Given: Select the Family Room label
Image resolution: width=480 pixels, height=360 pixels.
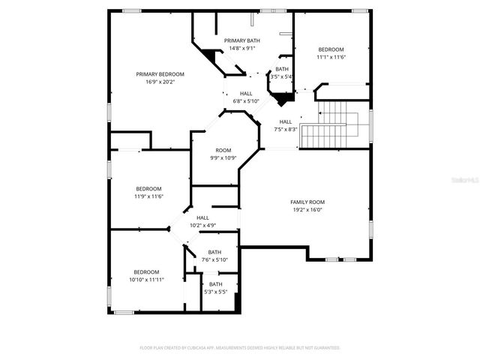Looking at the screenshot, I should pos(307,202).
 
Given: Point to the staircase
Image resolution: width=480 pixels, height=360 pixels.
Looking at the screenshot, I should pos(334,124).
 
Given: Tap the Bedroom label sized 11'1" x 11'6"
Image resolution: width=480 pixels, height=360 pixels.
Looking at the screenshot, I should pos(330,49).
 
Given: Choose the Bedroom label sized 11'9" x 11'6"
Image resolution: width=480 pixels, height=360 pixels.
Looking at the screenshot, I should pos(148,188).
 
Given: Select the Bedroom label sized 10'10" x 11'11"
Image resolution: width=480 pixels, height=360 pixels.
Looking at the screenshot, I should pos(146,271).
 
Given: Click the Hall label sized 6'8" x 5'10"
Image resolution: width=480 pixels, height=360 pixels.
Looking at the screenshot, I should pos(246,94).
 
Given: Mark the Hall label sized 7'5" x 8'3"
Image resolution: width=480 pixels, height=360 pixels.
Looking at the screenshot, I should pos(286,121).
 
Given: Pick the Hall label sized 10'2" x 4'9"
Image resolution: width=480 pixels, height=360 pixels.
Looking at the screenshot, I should pos(202,217).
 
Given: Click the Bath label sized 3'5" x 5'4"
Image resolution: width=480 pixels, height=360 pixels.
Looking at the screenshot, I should pos(282,69).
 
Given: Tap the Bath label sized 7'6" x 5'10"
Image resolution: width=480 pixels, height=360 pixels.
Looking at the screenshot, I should pos(214,252).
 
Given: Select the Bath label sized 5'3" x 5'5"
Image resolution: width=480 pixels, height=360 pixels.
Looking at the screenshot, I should pos(215,284).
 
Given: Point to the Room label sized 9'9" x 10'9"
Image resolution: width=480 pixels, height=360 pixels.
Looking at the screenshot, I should pos(223,150).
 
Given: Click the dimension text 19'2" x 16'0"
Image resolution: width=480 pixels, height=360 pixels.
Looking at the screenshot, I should pos(307,210).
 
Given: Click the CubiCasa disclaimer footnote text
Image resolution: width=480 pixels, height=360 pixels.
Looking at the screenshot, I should pos(240,348).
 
